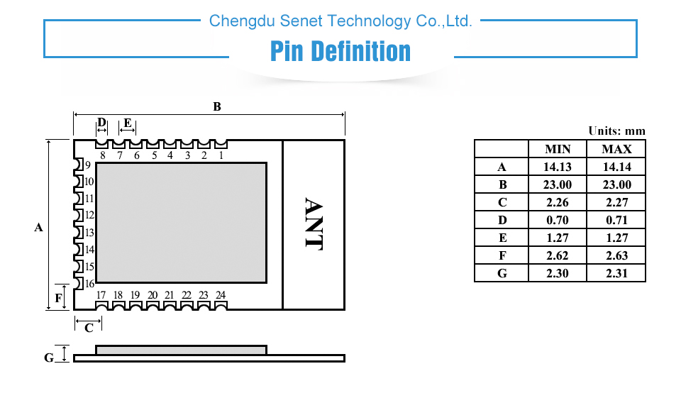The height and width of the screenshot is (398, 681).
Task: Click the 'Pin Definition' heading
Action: click(340, 51)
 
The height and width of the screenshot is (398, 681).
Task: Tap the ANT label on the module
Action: click(314, 224)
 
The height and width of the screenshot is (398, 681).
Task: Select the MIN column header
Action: click(558, 149)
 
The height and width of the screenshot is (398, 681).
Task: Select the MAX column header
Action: click(616, 149)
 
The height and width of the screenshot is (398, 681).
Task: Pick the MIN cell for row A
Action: click(558, 167)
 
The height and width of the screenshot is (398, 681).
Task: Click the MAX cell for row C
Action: click(616, 202)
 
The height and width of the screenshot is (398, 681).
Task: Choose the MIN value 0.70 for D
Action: click(558, 221)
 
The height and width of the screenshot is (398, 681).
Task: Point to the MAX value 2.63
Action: click(616, 255)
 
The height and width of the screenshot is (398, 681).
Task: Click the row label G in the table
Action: click(502, 273)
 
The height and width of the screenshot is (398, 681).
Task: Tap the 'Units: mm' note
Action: click(616, 131)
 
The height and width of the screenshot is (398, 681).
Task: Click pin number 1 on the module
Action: click(221, 155)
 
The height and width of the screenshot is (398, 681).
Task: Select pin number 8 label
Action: click(102, 155)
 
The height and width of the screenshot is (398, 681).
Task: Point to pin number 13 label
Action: click(89, 233)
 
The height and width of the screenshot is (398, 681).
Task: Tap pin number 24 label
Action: click(221, 295)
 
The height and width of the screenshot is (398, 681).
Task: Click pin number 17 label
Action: click(101, 295)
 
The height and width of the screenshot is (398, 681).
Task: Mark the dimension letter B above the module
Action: click(217, 106)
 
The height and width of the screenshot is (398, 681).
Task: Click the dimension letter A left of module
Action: click(38, 227)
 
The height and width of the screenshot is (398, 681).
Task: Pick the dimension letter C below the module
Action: click(89, 328)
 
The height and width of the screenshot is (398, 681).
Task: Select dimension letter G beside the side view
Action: click(49, 358)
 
